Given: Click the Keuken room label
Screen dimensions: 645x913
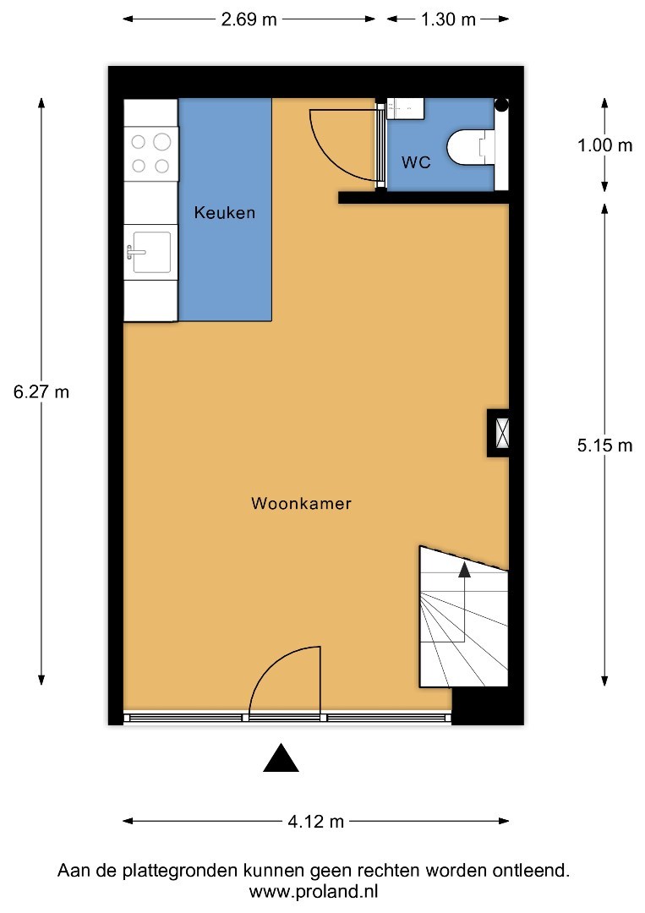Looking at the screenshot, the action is (225, 212).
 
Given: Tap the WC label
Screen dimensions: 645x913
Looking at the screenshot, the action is (416, 161).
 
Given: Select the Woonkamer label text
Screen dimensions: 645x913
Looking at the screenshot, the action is (301, 503).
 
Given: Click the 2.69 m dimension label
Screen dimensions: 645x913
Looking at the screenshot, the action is (249, 19).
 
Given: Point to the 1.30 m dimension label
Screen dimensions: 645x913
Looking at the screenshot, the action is (448, 19).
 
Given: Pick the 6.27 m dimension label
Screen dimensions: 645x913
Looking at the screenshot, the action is (41, 392).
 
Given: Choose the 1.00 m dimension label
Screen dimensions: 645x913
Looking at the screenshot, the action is (604, 145).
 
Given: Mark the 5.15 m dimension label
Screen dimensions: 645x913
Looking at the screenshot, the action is (604, 446).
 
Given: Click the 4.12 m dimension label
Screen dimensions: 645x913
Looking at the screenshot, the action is (316, 822).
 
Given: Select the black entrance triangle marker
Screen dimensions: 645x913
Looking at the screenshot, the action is (282, 758).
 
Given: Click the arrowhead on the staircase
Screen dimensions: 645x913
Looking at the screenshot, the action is (464, 570).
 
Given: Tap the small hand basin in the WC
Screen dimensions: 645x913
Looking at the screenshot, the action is (406, 108).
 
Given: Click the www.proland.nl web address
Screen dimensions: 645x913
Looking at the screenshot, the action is (314, 892).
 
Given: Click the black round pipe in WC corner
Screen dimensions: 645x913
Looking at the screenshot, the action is (501, 106).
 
